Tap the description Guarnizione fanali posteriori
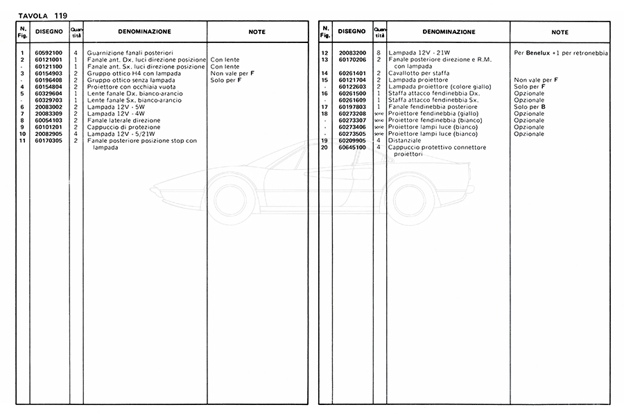130,53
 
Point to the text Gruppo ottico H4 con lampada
130,74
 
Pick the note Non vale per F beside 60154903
232,74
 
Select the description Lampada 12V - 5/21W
118,134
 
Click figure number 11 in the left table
23,141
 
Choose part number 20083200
352,53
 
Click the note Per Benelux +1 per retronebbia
560,53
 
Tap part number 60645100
352,148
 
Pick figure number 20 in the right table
324,148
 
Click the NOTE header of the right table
560,32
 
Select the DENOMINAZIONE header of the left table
144,32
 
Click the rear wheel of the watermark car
410,201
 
